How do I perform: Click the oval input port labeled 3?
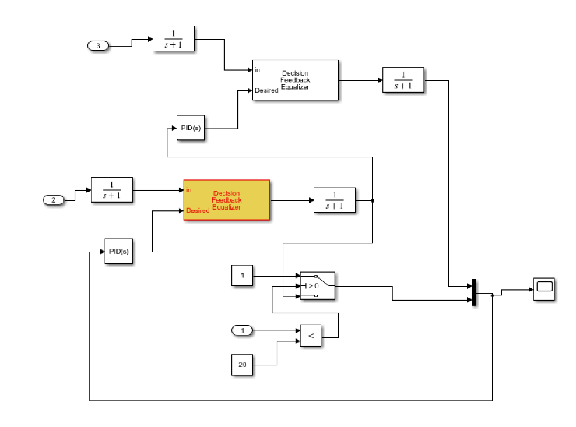tap(97, 46)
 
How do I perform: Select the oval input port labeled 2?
tap(54, 200)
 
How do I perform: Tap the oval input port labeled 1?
tap(243, 331)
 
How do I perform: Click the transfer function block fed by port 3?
tap(173, 39)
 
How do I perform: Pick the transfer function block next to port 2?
tap(112, 189)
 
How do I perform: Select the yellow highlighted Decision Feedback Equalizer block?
tap(227, 200)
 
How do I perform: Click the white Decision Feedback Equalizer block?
tap(295, 79)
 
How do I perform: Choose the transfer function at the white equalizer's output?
tap(402, 80)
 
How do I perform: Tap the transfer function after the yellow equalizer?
tap(334, 200)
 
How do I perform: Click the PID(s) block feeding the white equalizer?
tap(191, 127)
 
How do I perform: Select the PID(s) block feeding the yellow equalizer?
tap(118, 252)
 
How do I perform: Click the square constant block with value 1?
tap(242, 275)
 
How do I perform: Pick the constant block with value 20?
tap(242, 365)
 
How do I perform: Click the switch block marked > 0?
tap(317, 286)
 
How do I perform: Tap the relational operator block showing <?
tap(311, 336)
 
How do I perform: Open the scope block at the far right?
tap(543, 288)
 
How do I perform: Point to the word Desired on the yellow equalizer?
tap(197, 210)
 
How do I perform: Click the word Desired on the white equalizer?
tap(266, 90)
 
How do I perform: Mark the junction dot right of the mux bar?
tap(493, 295)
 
